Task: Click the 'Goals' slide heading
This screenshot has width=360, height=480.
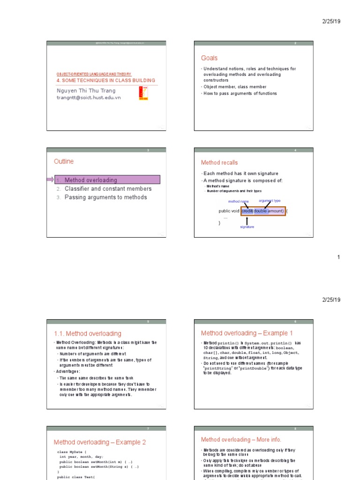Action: click(209, 58)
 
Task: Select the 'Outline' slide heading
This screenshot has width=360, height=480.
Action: click(64, 162)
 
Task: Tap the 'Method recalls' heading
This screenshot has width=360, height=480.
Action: click(219, 163)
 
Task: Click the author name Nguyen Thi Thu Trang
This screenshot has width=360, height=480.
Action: click(86, 90)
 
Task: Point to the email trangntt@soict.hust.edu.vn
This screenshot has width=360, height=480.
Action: click(89, 97)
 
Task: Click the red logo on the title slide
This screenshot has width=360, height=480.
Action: click(143, 93)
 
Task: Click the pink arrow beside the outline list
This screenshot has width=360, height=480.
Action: click(50, 180)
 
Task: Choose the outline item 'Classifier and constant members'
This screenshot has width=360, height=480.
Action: click(108, 189)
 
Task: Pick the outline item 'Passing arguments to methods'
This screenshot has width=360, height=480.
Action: click(105, 197)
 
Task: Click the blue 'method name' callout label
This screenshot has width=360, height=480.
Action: click(238, 202)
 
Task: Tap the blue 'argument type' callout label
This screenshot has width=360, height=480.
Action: click(270, 201)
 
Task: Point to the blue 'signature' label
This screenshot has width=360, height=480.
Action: click(247, 227)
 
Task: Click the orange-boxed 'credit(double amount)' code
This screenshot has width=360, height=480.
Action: click(263, 211)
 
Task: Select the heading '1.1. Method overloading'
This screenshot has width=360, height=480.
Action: click(88, 334)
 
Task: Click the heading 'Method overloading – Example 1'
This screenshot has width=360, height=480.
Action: click(247, 333)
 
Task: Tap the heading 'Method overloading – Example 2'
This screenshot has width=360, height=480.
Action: click(100, 442)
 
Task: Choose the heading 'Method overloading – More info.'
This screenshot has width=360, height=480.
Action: click(241, 440)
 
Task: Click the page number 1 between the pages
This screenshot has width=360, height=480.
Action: click(339, 257)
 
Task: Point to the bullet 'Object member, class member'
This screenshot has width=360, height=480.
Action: click(234, 87)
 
